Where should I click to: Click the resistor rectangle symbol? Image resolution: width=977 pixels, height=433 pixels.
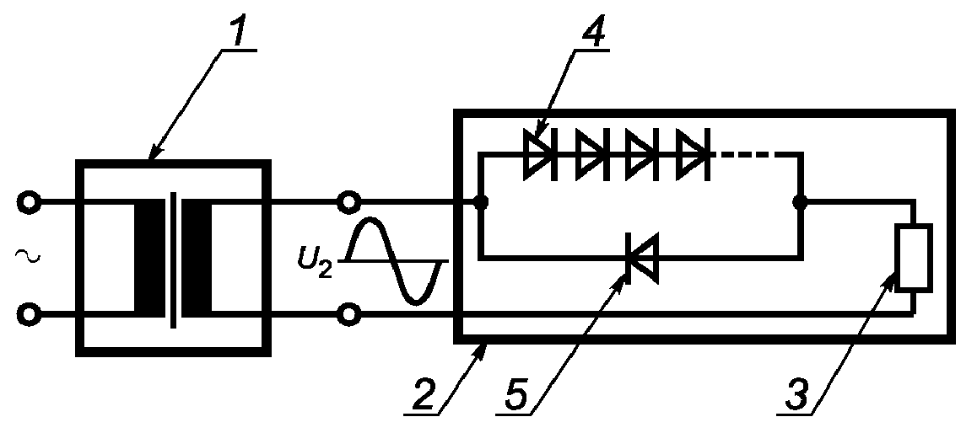pyautogui.click(x=914, y=258)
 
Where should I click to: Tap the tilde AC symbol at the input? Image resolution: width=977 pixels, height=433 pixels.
pyautogui.click(x=27, y=256)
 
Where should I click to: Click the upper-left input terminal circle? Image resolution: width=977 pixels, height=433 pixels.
pyautogui.click(x=28, y=203)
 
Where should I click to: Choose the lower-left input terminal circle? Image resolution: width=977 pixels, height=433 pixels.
pyautogui.click(x=28, y=315)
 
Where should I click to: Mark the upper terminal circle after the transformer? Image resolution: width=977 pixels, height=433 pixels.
pyautogui.click(x=348, y=202)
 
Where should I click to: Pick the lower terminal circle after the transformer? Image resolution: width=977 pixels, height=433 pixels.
pyautogui.click(x=348, y=315)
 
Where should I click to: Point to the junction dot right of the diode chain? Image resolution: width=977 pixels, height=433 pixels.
pyautogui.click(x=801, y=202)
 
